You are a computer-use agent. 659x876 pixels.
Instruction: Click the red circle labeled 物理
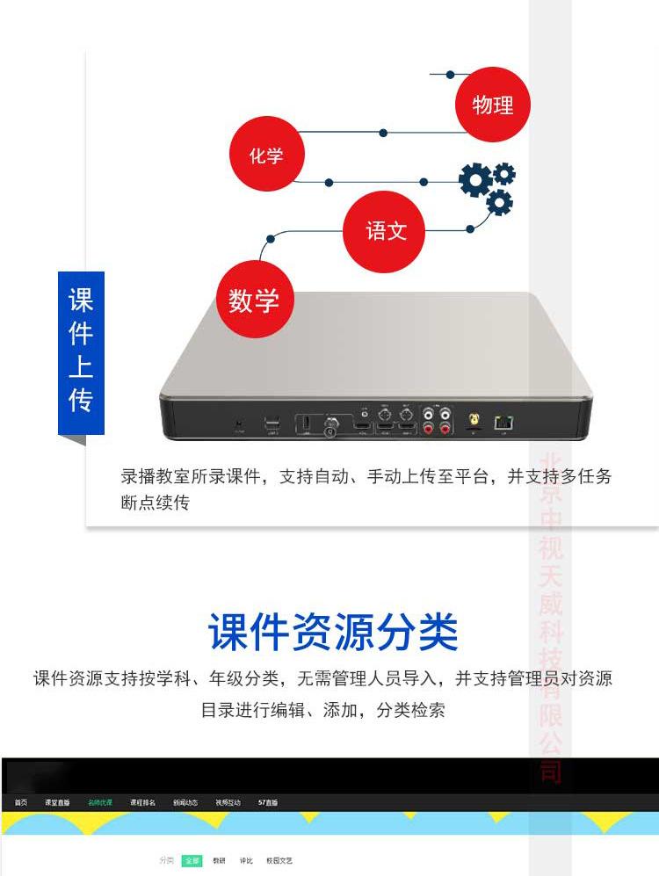[492, 105]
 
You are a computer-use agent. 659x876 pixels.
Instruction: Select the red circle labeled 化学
[266, 156]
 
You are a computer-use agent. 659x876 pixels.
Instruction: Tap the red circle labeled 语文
[386, 231]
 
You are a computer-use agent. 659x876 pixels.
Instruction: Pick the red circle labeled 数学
[254, 300]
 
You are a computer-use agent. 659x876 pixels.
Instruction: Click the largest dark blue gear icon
[475, 180]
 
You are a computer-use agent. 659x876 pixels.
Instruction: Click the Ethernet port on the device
[503, 422]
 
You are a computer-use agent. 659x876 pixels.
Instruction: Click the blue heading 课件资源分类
[333, 632]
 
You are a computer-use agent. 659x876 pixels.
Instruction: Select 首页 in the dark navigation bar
[20, 802]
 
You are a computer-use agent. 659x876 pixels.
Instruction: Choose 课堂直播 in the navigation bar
[57, 802]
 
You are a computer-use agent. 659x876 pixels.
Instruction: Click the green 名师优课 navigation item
[99, 802]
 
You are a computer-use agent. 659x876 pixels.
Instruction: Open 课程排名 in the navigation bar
[142, 802]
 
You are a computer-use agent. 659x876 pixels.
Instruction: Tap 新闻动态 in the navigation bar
[185, 802]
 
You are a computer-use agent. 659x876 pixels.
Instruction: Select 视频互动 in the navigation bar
[228, 802]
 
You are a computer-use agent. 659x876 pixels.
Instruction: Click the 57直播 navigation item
[268, 802]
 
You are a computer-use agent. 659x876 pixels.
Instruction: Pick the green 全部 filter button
[192, 861]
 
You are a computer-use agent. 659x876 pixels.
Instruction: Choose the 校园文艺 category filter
[279, 861]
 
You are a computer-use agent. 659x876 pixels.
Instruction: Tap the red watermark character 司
[551, 771]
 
